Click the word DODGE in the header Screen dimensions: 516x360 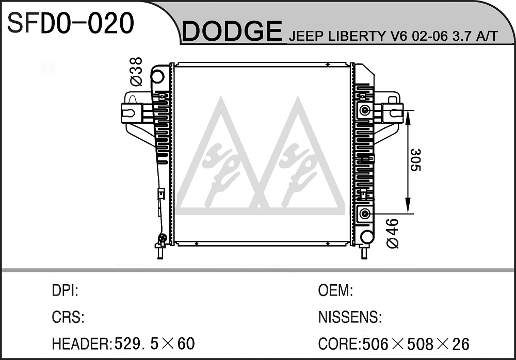232,31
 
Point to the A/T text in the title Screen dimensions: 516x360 487,36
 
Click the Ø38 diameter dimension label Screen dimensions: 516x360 136,71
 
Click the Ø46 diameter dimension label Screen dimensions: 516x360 393,233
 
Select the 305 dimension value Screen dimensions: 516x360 415,160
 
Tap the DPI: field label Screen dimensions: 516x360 65,290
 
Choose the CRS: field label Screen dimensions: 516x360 68,317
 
